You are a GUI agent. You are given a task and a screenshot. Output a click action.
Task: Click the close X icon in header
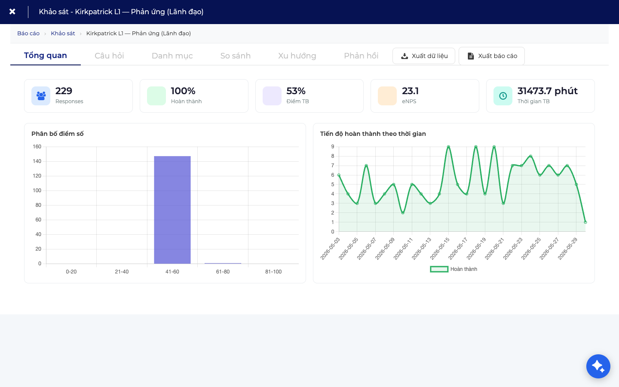point(12,12)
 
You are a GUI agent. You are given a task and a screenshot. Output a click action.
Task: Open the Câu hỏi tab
point(109,56)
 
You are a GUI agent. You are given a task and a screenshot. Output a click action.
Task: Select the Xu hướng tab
point(297,56)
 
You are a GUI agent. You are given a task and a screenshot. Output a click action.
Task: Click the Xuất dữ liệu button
point(424,56)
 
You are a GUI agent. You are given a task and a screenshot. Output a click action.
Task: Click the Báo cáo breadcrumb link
point(28,34)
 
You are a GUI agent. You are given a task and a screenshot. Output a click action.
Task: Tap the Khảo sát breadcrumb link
point(63,34)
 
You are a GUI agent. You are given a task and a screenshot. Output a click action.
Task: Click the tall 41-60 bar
point(172,210)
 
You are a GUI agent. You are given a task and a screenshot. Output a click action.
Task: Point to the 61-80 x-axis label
point(223,272)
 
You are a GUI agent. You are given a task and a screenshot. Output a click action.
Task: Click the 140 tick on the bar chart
point(37,161)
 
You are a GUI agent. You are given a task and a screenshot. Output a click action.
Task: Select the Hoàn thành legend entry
point(454,269)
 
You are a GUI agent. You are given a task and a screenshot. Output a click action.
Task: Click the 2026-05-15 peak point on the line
point(448,147)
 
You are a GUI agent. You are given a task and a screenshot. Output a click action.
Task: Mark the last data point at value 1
point(585,222)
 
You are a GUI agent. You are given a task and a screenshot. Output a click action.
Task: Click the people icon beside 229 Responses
point(41,96)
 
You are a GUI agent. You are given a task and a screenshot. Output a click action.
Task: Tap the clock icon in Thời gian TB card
point(503,96)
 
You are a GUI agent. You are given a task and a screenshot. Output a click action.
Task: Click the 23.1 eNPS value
point(410,91)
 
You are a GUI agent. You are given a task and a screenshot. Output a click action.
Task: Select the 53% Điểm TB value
point(296,91)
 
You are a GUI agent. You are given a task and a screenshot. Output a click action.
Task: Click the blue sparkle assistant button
point(598,366)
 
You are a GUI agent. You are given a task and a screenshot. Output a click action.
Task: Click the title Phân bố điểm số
point(58,134)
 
